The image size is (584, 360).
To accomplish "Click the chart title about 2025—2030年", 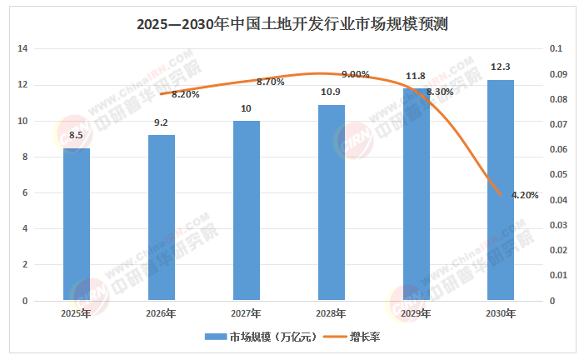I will tap(292, 23).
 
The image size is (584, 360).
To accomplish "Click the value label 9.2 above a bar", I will tap(161, 123).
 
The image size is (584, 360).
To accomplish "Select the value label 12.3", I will tap(500, 67).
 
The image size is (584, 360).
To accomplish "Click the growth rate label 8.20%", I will tap(186, 94).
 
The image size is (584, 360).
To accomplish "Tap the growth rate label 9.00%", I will tap(356, 74).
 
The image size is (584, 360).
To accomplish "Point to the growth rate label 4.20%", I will tap(525, 195).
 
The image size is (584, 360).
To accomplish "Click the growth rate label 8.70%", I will tap(271, 82).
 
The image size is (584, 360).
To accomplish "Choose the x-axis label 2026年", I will tap(161, 313).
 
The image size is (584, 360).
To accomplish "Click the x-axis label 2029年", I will tap(415, 313).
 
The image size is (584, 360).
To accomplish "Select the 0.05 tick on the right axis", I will tap(560, 175).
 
